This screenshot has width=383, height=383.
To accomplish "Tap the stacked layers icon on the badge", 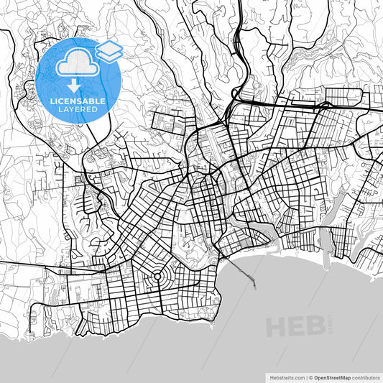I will tap(109, 51).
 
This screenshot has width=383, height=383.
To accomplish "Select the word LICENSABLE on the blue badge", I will tap(78, 101).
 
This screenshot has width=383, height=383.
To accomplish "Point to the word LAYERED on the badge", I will tap(78, 110).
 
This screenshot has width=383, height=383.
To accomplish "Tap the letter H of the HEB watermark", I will tap(277, 328).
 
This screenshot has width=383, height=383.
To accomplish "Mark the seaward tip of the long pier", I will tap(256, 288).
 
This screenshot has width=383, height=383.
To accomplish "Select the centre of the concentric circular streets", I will tap(156, 277).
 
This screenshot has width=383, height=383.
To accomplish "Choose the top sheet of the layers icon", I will tap(109, 47).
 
